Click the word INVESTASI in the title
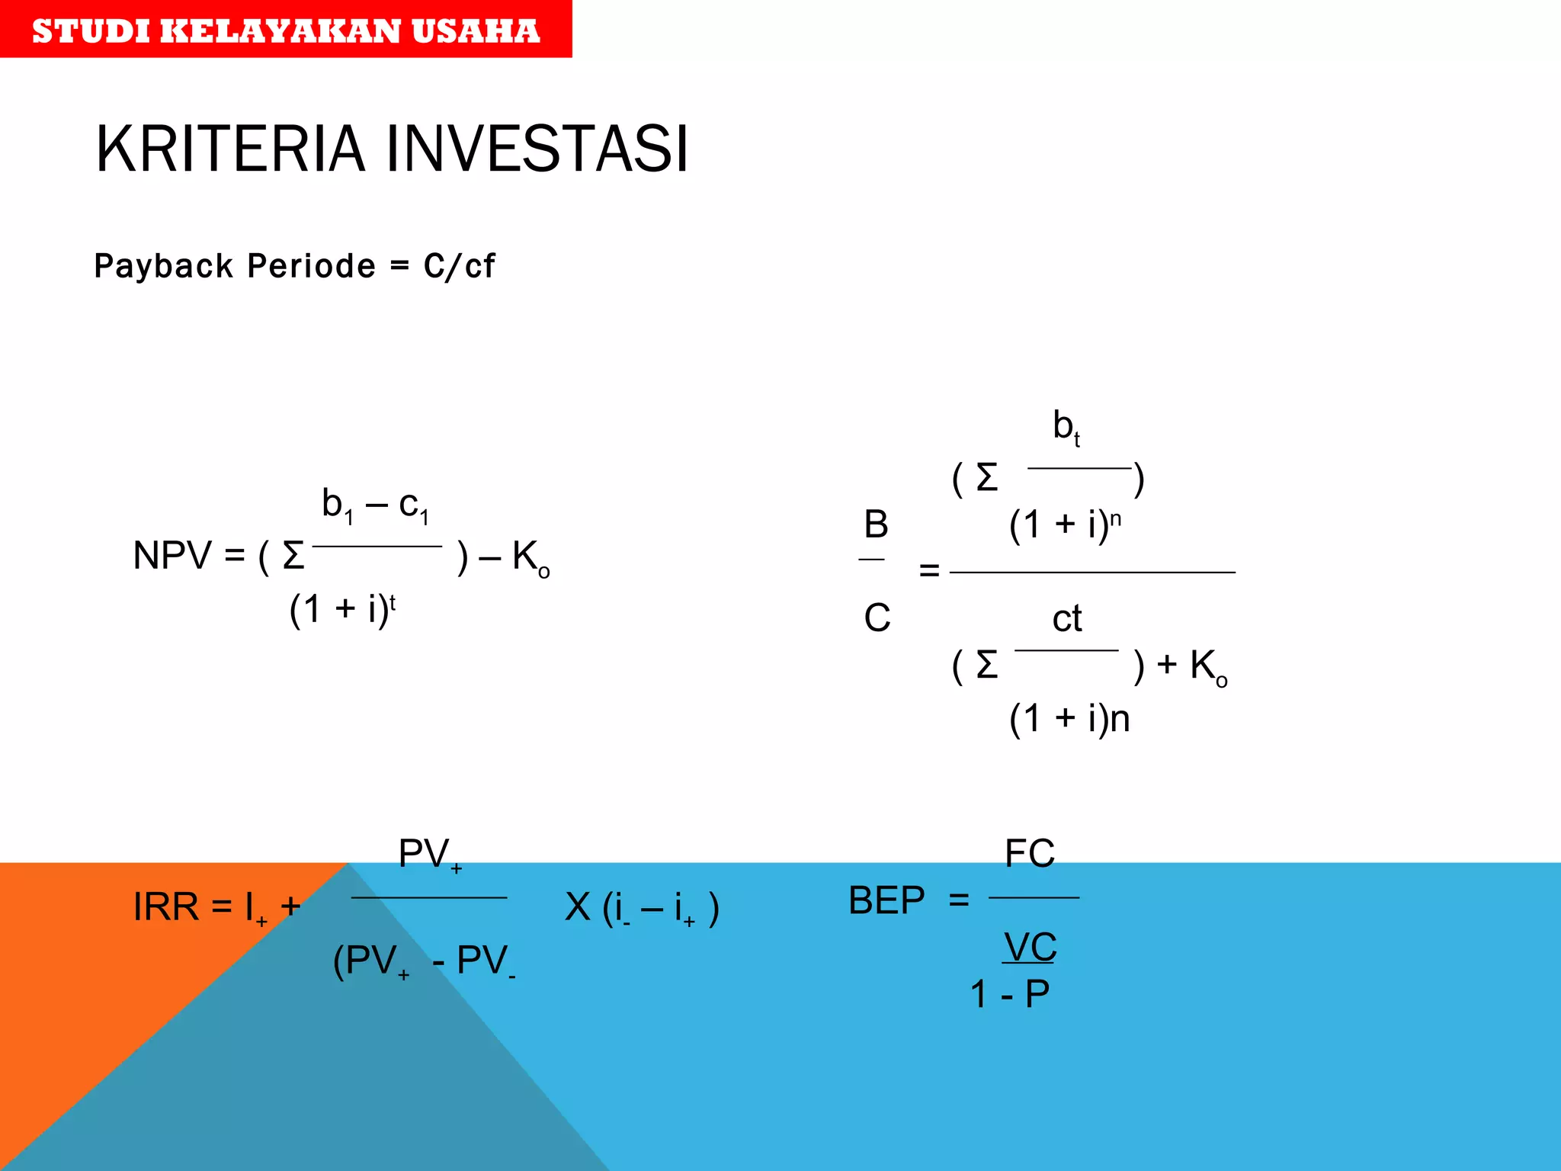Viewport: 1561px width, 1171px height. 537,149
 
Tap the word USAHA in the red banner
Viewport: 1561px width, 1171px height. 476,31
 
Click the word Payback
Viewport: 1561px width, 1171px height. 164,266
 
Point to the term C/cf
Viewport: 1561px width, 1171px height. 459,266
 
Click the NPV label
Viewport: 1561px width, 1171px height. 172,555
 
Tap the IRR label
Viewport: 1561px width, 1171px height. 165,906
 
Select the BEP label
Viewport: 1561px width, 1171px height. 886,900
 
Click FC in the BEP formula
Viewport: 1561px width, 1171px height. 1030,853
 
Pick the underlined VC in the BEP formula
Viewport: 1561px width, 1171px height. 1030,948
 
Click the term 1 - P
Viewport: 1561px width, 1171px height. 1010,994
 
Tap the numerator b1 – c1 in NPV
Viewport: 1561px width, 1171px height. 375,505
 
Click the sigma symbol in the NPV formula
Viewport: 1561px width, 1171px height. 293,556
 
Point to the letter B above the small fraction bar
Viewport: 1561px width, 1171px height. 876,525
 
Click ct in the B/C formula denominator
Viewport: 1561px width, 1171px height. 1066,618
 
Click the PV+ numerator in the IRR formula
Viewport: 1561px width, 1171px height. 430,855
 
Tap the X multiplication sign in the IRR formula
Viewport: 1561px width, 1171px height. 578,907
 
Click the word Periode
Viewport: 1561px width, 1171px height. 311,266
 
